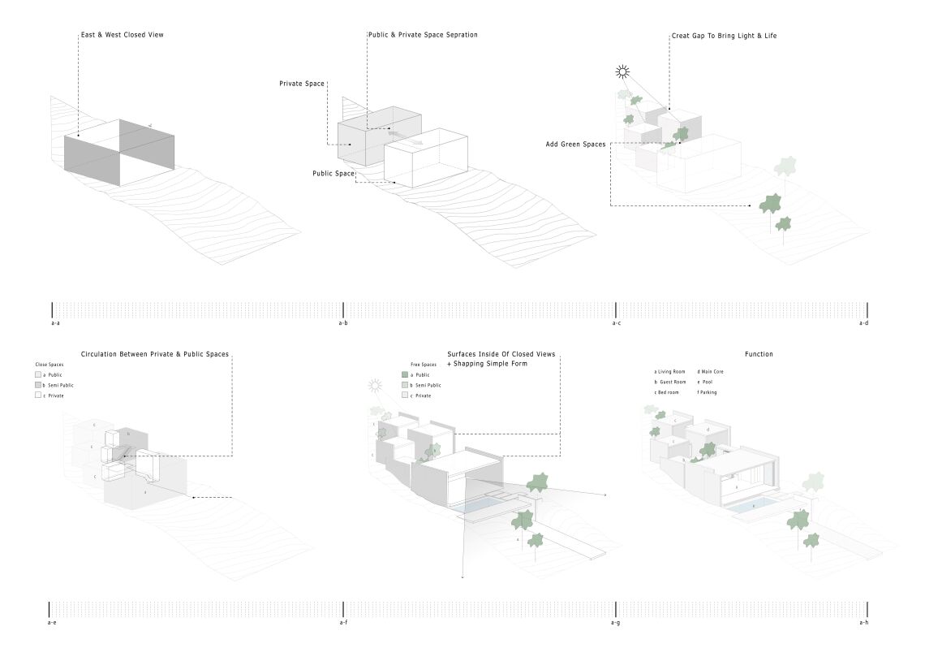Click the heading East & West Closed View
point(123,35)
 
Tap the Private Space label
point(302,84)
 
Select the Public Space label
point(333,174)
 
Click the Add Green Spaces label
point(576,145)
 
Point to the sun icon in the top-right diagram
point(622,71)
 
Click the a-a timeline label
point(55,323)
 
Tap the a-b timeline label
point(343,323)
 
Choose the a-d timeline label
point(863,323)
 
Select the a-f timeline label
point(343,623)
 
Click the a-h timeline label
point(863,623)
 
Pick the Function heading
point(759,354)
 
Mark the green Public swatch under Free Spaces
point(405,374)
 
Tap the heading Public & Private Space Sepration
point(423,35)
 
